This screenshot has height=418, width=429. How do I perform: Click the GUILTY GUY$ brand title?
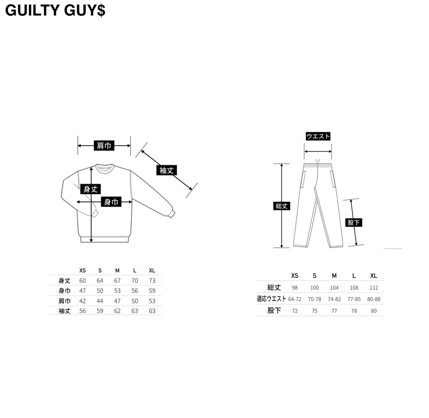(55, 11)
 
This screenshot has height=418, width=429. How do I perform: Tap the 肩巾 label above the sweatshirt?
(104, 146)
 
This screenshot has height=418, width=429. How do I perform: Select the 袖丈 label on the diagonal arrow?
(167, 170)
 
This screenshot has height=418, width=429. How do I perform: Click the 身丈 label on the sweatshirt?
(90, 189)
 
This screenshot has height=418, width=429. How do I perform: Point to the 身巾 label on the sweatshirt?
(111, 202)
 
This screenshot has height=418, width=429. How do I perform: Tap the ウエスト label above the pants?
(318, 136)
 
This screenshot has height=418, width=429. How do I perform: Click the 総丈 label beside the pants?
(282, 206)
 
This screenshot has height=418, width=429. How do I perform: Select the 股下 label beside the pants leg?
(354, 222)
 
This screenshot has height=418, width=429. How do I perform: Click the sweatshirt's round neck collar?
(105, 167)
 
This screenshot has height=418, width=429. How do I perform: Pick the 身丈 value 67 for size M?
(117, 281)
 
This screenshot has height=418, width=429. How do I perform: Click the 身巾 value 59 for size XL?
(152, 291)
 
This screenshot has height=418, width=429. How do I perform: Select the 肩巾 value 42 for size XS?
(82, 301)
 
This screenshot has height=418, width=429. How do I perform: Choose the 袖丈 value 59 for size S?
(100, 311)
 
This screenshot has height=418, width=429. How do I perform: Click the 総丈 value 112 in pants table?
(374, 288)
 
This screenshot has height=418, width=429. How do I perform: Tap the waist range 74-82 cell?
(334, 299)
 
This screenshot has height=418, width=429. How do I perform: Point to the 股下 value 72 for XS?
(295, 311)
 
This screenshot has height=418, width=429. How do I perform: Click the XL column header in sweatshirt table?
(152, 271)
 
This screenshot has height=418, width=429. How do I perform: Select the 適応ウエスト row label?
(271, 299)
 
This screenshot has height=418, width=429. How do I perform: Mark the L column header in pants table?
(354, 276)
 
